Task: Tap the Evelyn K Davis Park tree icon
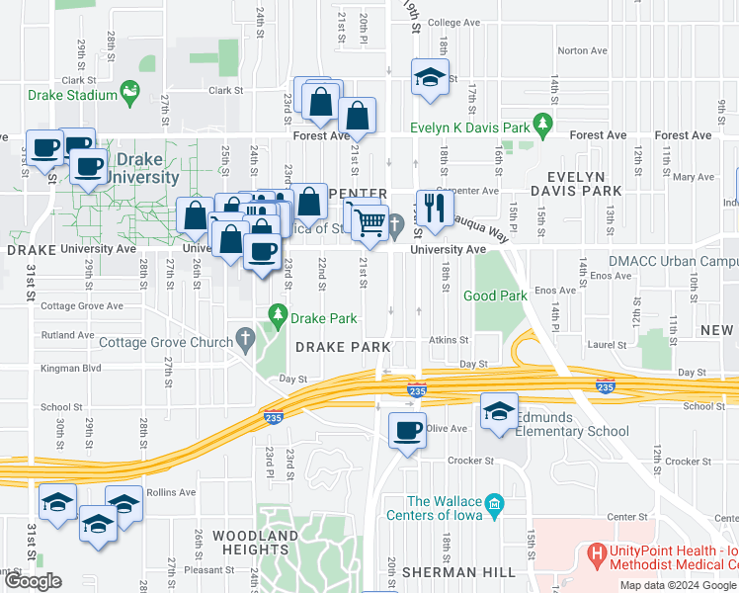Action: tap(541, 124)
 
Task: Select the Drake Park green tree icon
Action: tap(278, 314)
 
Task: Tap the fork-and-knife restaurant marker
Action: tap(431, 207)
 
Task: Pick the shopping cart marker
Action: tap(370, 223)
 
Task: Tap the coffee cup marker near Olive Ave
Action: tap(406, 431)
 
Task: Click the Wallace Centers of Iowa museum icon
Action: tap(496, 505)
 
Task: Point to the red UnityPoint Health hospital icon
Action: tap(596, 556)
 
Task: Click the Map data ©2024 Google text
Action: tap(678, 585)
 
